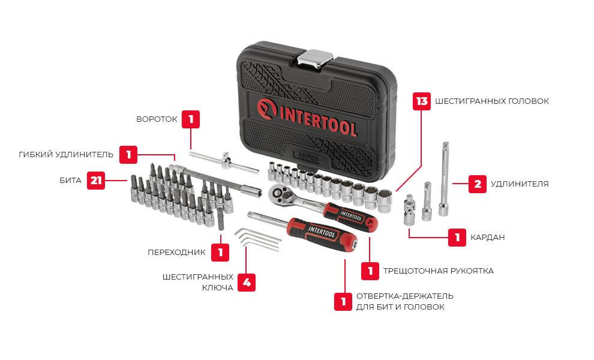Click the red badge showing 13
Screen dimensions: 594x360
[421, 101]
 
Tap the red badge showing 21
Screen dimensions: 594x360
[96, 181]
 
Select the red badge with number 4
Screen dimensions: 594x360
[246, 283]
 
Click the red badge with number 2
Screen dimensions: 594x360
[478, 184]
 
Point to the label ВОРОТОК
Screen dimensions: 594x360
[157, 119]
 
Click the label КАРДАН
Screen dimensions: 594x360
[488, 238]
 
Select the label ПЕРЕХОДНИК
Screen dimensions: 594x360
[176, 253]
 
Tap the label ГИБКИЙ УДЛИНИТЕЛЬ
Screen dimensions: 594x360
[66, 155]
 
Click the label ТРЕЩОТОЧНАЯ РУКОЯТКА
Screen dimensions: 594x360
[439, 271]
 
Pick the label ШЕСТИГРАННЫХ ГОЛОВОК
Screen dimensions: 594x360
[492, 101]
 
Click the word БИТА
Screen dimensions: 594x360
[70, 181]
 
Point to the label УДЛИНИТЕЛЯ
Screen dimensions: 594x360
[520, 184]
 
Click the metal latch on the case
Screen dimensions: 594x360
[315, 59]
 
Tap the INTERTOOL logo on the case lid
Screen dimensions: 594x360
[307, 117]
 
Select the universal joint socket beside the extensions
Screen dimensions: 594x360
[410, 210]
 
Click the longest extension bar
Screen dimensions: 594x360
[445, 179]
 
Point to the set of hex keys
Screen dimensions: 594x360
[257, 239]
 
